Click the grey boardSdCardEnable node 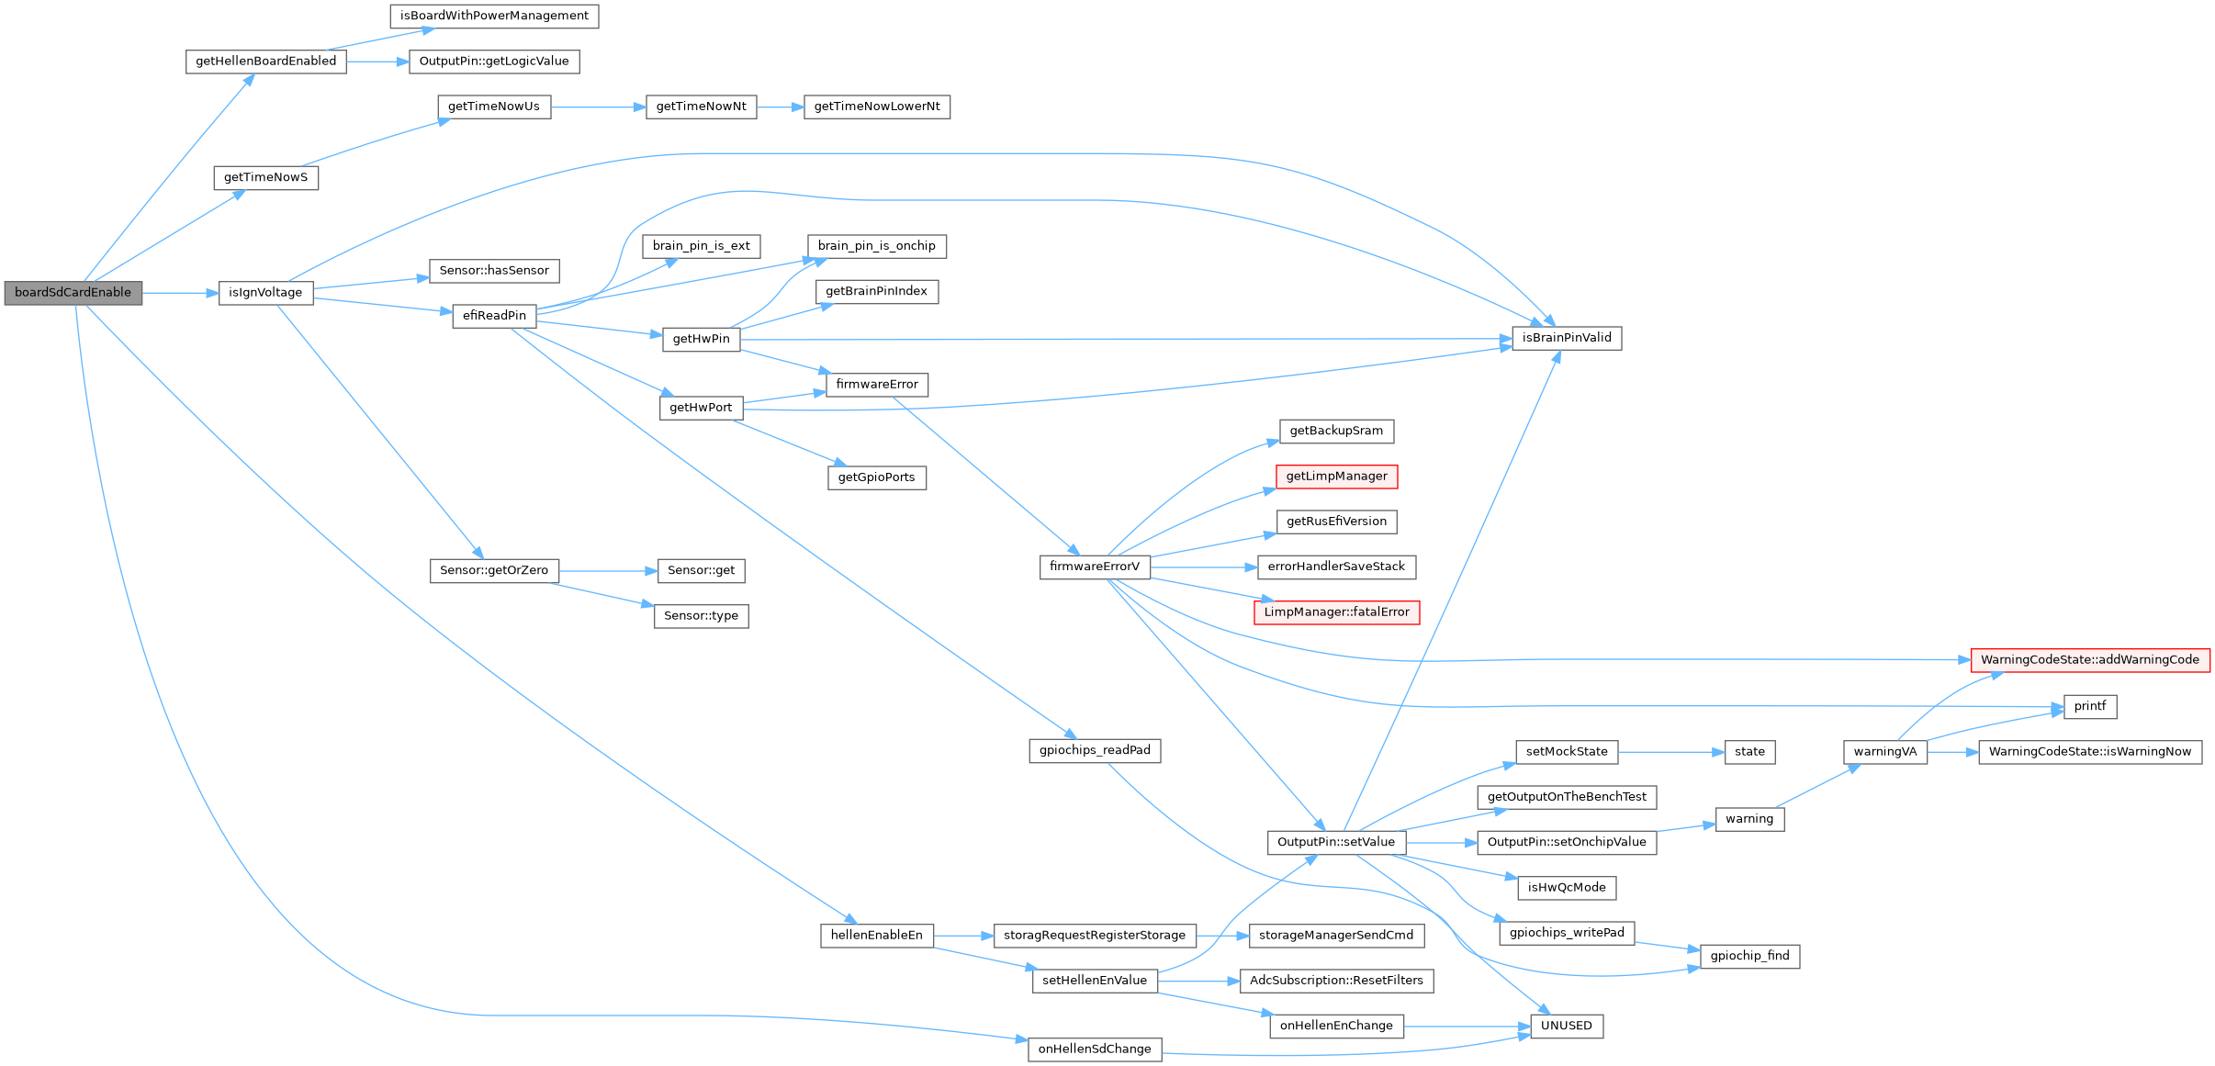[x=73, y=293]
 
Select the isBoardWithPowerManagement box [x=494, y=16]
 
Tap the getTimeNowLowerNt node [x=877, y=107]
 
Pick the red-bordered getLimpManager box [x=1336, y=477]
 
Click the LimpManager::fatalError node [x=1336, y=612]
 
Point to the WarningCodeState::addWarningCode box [x=2089, y=660]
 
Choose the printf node [x=2089, y=707]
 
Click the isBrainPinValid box [x=1567, y=338]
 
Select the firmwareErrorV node [x=1095, y=567]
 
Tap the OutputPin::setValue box [x=1336, y=842]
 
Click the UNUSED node [x=1567, y=1026]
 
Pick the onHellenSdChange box [x=1095, y=1049]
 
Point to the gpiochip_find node [x=1749, y=956]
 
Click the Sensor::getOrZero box [x=494, y=570]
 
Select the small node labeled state [x=1749, y=752]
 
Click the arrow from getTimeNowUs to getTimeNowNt [x=597, y=107]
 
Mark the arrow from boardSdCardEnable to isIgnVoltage [x=180, y=293]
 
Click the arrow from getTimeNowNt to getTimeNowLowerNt [x=780, y=107]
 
